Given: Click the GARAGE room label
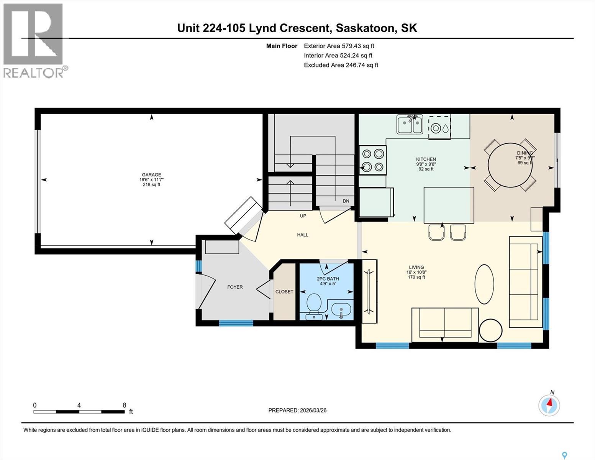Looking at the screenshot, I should pyautogui.click(x=151, y=175).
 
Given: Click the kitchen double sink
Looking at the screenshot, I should pyautogui.click(x=410, y=124).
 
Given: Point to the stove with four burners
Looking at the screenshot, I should pyautogui.click(x=373, y=160).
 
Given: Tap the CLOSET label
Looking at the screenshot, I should pyautogui.click(x=284, y=292).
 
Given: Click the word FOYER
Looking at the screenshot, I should pyautogui.click(x=235, y=287).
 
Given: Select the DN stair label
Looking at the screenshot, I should pyautogui.click(x=346, y=201).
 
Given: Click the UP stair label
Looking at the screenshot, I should pyautogui.click(x=303, y=216).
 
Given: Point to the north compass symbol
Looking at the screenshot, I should pyautogui.click(x=549, y=404).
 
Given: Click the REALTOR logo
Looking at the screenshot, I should pyautogui.click(x=33, y=40).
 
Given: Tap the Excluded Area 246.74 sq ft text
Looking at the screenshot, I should pyautogui.click(x=341, y=65).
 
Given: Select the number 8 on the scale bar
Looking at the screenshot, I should pyautogui.click(x=124, y=405).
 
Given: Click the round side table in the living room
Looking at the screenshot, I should pyautogui.click(x=490, y=330).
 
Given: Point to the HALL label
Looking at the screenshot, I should pyautogui.click(x=303, y=235).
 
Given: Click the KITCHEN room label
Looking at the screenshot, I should pyautogui.click(x=426, y=159).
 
